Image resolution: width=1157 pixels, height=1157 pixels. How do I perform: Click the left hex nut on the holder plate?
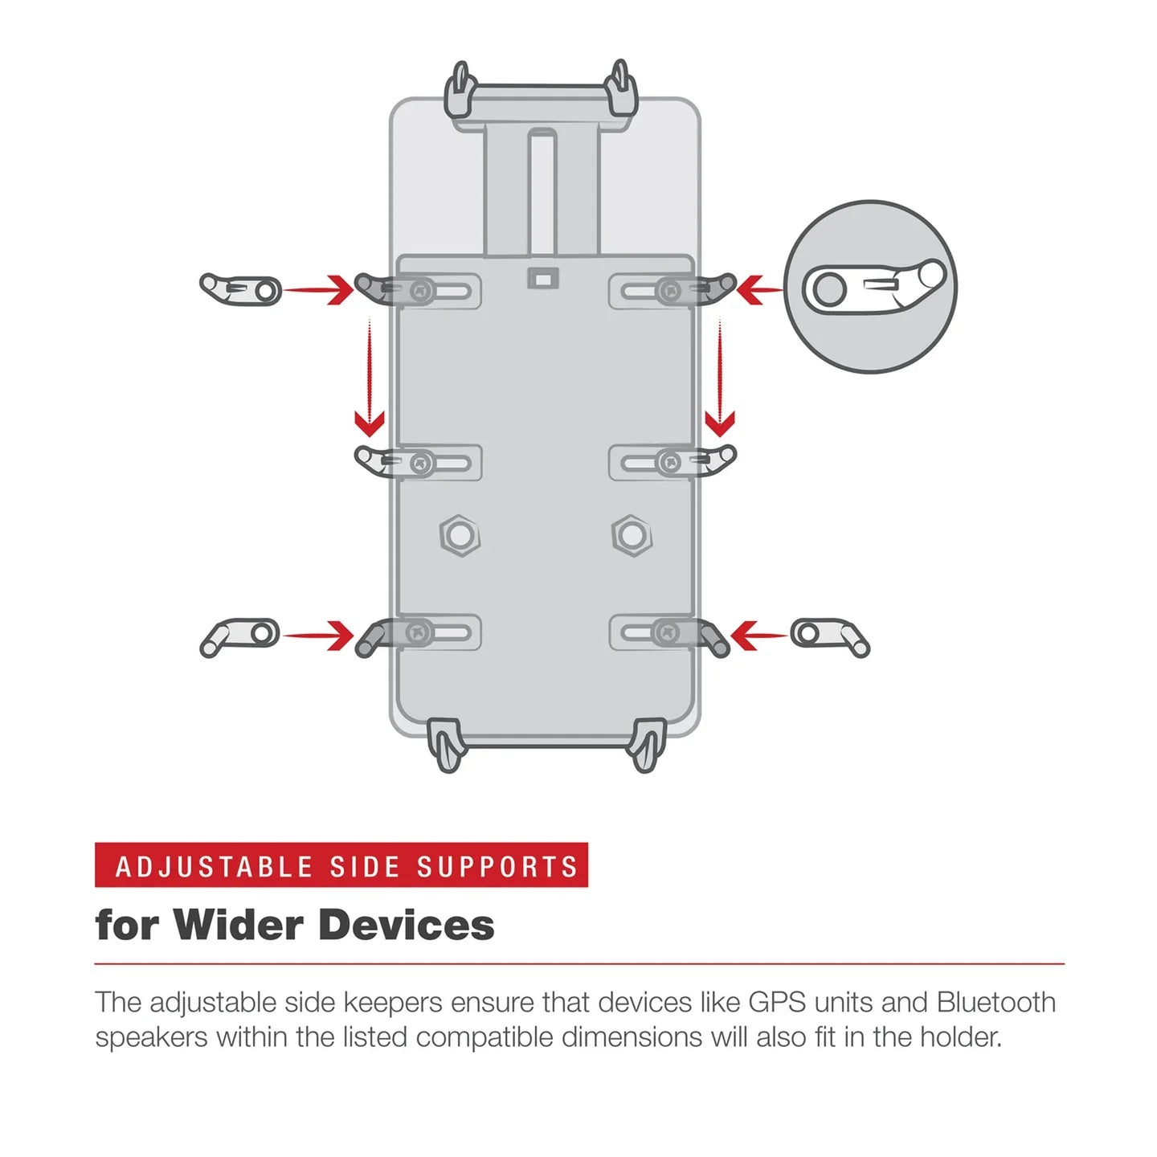(x=460, y=535)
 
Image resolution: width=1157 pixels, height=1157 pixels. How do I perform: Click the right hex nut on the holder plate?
(x=632, y=535)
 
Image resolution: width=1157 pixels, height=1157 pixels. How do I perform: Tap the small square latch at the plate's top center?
(x=542, y=278)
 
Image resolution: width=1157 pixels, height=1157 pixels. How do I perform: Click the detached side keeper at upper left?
(x=240, y=289)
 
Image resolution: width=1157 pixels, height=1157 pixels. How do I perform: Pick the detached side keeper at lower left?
(x=239, y=636)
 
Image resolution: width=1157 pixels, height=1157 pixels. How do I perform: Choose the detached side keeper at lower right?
(x=829, y=636)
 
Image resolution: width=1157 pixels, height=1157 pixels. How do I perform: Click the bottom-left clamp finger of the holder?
(x=447, y=746)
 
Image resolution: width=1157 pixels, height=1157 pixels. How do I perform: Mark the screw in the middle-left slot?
(x=422, y=463)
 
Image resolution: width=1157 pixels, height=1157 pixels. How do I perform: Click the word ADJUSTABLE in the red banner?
(x=214, y=867)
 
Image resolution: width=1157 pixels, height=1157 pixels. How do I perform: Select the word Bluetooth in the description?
(x=996, y=1003)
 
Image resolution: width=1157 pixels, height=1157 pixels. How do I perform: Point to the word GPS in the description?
(x=776, y=1003)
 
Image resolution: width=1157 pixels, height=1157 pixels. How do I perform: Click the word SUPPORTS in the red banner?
(x=497, y=867)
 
